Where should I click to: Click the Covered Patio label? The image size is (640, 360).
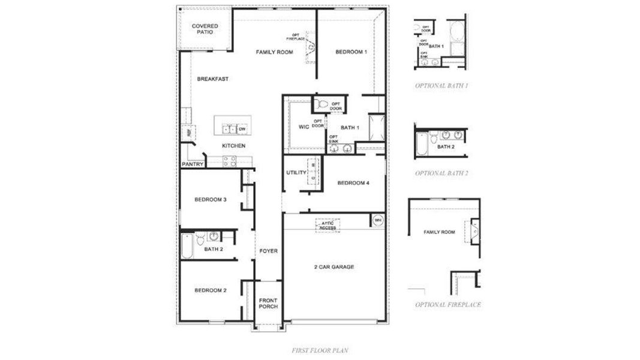(205, 29)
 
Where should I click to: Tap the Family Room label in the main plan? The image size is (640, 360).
(274, 52)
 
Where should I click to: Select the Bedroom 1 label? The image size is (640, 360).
(351, 52)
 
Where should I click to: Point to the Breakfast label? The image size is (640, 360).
(213, 79)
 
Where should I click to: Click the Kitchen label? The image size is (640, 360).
(233, 146)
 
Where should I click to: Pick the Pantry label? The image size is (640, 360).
(193, 164)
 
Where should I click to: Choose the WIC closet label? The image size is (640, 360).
(304, 127)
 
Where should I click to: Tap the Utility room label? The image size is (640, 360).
(296, 173)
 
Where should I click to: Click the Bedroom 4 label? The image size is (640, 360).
(353, 183)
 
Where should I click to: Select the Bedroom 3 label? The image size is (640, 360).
(210, 200)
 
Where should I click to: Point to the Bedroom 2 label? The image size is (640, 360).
(210, 290)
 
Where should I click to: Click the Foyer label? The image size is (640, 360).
(268, 251)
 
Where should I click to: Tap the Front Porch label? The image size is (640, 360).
(268, 303)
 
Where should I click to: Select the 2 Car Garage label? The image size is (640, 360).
(333, 266)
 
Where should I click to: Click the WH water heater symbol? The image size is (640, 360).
(378, 220)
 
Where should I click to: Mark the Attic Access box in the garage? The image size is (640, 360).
(327, 225)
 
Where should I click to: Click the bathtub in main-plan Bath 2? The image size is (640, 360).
(188, 246)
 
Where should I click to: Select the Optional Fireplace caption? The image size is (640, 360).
(447, 305)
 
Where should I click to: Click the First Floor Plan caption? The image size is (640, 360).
(320, 349)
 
